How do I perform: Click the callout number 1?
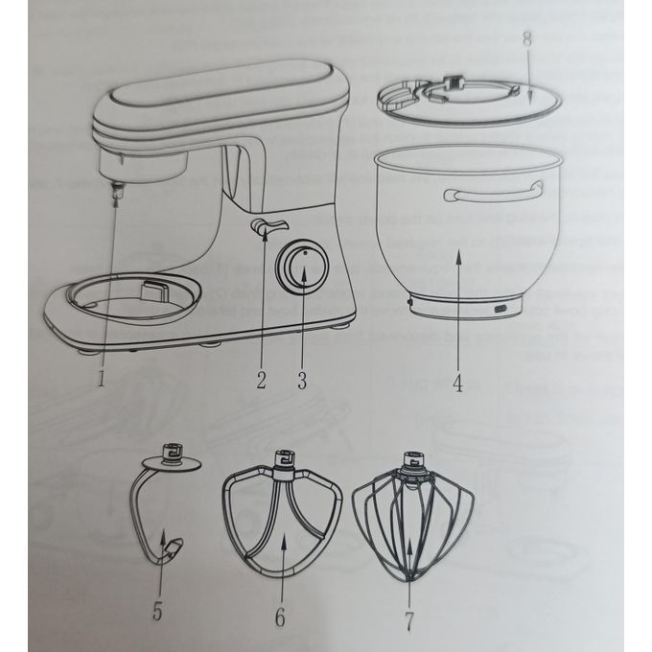tap(101, 378)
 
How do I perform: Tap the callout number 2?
tap(261, 380)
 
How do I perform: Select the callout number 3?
tap(302, 380)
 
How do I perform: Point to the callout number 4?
tap(457, 383)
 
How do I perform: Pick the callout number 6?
tap(280, 617)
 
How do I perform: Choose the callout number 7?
tap(409, 620)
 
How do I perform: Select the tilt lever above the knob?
tap(268, 226)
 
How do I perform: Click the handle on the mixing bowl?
tap(494, 193)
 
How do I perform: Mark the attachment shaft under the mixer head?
tap(119, 191)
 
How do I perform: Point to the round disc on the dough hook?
tap(172, 464)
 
